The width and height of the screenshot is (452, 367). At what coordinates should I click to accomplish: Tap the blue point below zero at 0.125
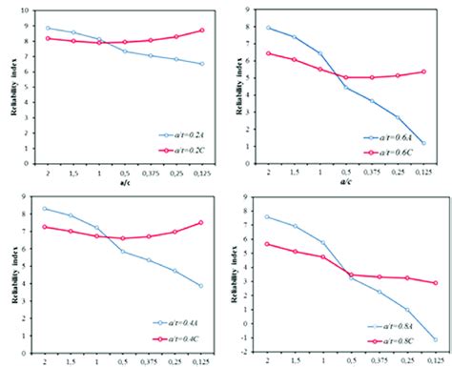435,339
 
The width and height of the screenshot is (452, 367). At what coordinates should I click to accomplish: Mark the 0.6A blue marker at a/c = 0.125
435,144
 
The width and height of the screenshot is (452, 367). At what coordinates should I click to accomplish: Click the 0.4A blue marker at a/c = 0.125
201,286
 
